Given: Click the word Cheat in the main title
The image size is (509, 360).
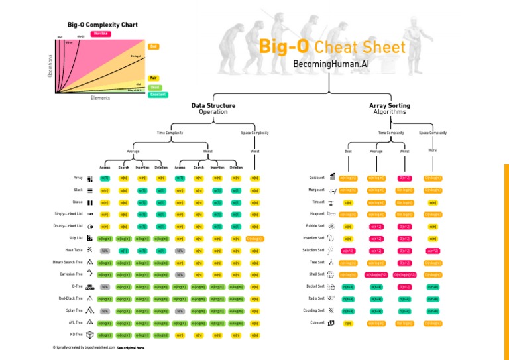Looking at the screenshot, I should [335, 47].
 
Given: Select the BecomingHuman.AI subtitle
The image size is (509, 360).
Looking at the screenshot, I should [331, 64].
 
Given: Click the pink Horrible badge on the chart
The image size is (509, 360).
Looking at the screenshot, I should [101, 33].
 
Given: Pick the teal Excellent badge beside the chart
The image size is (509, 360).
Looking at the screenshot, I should [158, 95].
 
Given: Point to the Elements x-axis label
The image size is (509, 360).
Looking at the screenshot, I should [100, 98].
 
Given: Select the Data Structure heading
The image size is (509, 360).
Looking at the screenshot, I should [213, 105].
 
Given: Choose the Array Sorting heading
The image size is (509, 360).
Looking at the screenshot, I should [389, 105].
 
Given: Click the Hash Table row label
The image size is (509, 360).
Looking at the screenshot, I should [74, 250].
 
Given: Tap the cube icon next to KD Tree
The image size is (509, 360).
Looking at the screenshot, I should [89, 335].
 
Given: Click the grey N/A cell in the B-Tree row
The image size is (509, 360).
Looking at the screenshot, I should [105, 287].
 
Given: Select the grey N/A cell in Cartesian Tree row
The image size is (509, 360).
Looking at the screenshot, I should [179, 274].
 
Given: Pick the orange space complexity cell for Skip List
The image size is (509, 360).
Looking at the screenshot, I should [255, 238].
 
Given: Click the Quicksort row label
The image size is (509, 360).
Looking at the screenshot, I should [316, 178].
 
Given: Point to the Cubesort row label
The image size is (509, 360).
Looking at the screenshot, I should [317, 323].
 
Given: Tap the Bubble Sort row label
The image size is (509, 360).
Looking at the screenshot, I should [315, 226].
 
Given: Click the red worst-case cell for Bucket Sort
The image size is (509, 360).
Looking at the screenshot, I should [404, 287].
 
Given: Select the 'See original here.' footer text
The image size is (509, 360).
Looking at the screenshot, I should [135, 347].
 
